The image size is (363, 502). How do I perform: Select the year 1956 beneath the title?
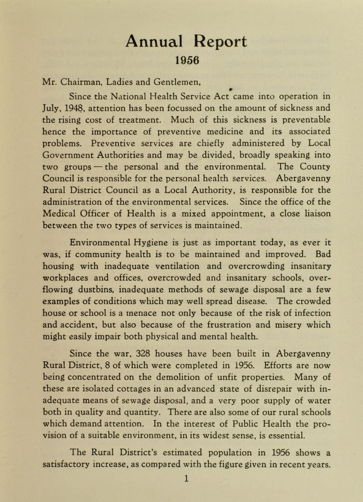(181, 62)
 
